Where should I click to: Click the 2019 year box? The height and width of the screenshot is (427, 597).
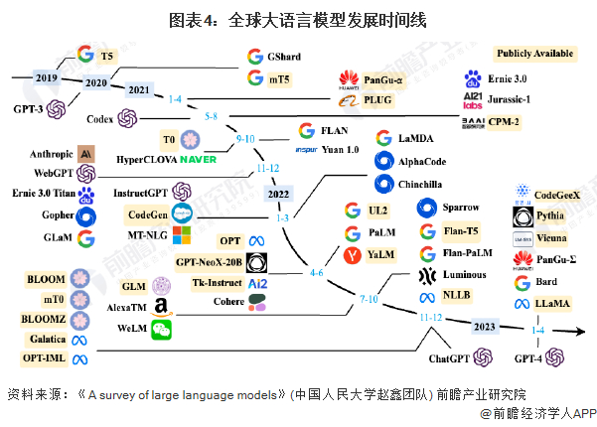(46, 77)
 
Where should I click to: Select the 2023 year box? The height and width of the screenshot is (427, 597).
(484, 326)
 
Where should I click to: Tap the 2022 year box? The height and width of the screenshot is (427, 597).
(280, 194)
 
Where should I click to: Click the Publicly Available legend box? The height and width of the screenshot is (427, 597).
(535, 53)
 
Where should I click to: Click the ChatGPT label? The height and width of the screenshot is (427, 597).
(448, 356)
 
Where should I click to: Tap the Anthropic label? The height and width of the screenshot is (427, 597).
(52, 154)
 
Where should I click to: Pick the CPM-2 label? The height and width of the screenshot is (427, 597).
(530, 122)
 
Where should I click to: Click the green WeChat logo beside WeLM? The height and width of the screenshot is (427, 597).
(161, 330)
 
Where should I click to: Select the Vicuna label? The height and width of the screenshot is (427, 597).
(554, 239)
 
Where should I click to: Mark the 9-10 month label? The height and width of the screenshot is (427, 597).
(246, 139)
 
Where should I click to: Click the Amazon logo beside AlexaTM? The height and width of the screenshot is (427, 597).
(160, 308)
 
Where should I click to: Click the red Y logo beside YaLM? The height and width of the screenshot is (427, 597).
(350, 255)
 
